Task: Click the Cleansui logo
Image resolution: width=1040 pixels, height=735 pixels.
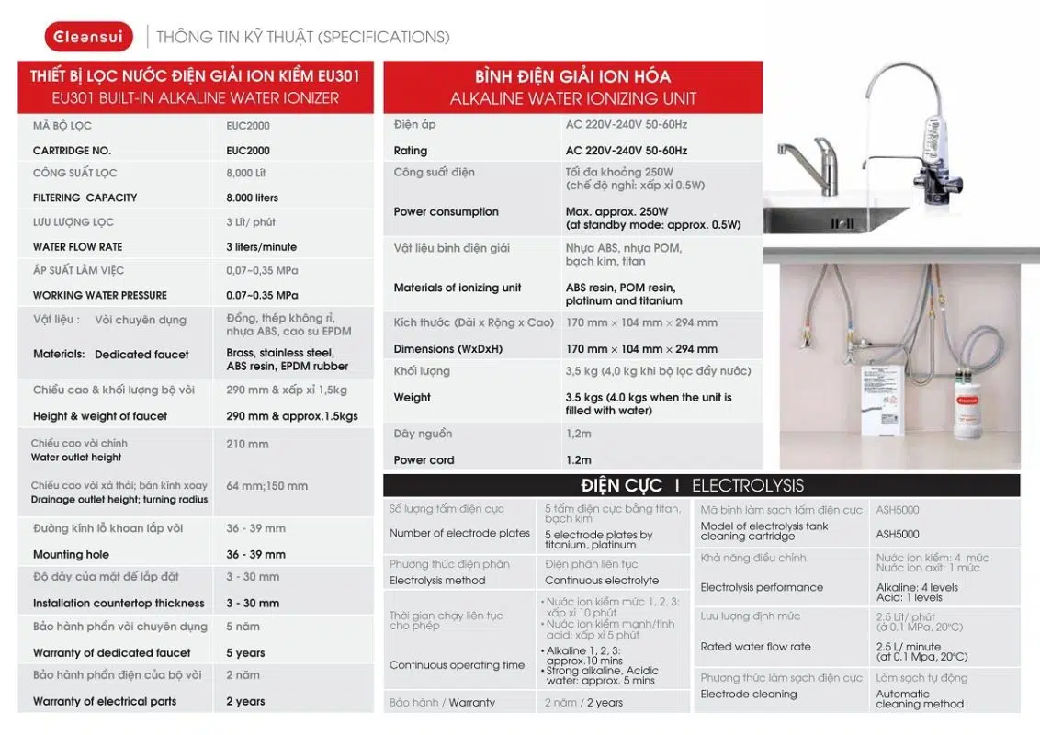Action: pos(88,36)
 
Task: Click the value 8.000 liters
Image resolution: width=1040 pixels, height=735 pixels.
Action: pos(252,198)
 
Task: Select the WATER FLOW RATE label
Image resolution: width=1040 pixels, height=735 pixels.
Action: pos(77,247)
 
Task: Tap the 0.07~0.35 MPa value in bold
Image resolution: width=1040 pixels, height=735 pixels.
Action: pos(262,296)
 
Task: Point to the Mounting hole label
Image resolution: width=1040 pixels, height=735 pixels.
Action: pos(71,555)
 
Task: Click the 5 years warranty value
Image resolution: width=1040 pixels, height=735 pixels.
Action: pos(245,653)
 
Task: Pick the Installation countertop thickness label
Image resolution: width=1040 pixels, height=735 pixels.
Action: pos(119,604)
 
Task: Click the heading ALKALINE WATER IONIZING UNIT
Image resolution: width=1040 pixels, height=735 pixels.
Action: pos(572,98)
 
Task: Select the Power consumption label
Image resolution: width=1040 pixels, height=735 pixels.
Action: pos(446,212)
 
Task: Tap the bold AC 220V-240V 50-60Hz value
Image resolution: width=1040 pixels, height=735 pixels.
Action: pos(626,151)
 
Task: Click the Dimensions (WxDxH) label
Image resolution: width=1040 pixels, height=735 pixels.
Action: pos(447,349)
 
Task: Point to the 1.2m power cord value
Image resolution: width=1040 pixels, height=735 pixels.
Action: pos(578,460)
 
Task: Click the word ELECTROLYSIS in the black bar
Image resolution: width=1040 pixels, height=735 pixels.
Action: pos(747,486)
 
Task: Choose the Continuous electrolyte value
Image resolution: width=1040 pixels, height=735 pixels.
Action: pos(601,581)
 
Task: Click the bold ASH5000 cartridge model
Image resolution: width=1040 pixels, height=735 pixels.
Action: pos(897,534)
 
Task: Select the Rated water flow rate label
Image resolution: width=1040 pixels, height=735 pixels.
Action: pos(755,647)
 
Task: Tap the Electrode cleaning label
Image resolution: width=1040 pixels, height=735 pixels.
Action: pos(748,695)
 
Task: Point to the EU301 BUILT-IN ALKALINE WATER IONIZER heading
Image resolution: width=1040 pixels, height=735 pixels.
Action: pos(196,98)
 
